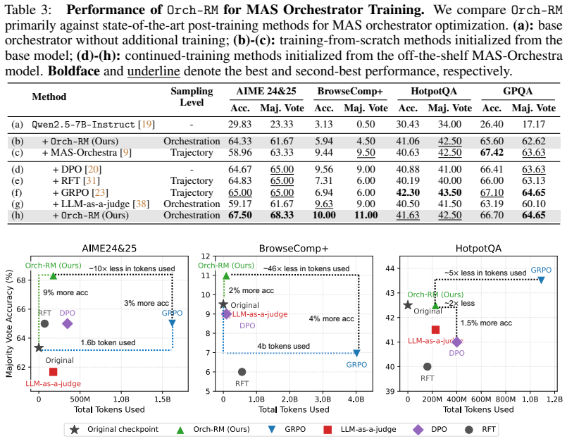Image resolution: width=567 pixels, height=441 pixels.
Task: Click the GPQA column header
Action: tap(518, 91)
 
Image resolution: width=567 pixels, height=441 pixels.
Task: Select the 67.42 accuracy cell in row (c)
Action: tap(492, 153)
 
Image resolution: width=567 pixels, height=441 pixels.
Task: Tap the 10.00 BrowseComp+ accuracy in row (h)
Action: tap(324, 216)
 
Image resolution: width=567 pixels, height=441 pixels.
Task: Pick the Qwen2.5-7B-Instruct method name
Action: tap(83, 125)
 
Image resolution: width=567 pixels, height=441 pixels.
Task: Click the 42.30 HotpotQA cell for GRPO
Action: tap(408, 192)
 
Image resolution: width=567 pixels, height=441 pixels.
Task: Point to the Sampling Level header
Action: tap(192, 97)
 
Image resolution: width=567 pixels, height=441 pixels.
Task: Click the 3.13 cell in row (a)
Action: tap(323, 125)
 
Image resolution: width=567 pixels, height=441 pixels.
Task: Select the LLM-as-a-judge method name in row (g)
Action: tap(96, 204)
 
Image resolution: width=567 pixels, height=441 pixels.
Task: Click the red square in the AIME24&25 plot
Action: tap(53, 372)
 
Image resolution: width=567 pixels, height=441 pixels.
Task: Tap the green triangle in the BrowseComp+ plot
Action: tap(226, 276)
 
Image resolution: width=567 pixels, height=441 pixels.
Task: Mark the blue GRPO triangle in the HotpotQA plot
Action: tap(541, 280)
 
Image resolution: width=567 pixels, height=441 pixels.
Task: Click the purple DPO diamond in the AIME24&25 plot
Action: tap(68, 324)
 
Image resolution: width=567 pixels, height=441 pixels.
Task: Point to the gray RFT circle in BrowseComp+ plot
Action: tap(242, 372)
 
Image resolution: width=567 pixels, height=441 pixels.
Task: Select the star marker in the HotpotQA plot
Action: tap(408, 305)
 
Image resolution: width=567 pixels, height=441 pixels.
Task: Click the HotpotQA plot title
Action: tap(478, 249)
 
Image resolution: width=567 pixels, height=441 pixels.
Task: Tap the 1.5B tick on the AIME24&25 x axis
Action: tap(163, 399)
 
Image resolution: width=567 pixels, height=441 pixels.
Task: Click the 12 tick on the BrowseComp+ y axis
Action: tap(206, 256)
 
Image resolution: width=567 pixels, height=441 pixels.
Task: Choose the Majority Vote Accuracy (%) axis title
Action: tap(9, 323)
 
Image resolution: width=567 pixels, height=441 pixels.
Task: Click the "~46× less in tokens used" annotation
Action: tap(306, 269)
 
